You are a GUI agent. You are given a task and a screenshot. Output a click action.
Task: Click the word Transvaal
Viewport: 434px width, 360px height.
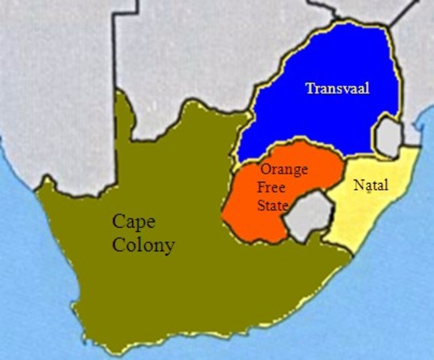(339, 88)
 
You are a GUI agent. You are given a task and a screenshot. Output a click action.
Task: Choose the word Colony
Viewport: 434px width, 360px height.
(144, 244)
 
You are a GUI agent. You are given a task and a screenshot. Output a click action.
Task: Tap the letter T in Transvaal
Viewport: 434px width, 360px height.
(309, 88)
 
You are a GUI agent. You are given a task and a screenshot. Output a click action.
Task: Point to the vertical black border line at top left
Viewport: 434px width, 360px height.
(115, 45)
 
